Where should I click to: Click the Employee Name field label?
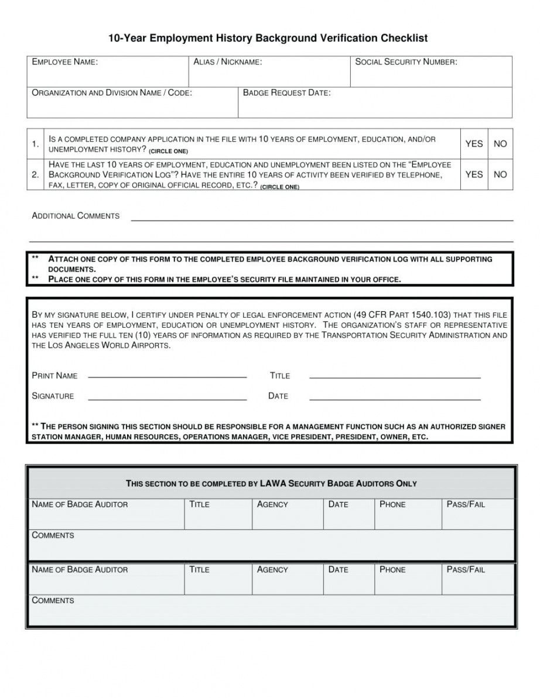(x=64, y=62)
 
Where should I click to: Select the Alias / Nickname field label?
(x=228, y=62)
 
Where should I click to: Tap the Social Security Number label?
(x=406, y=62)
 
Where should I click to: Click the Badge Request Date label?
(x=286, y=93)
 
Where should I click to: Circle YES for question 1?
(x=474, y=144)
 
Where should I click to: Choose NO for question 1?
(x=500, y=144)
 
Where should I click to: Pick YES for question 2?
(x=474, y=174)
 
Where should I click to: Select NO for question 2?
(x=500, y=174)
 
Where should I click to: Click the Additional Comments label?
(x=76, y=216)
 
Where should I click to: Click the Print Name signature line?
(x=167, y=377)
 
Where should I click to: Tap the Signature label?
(x=53, y=396)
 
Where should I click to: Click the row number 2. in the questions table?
(x=36, y=174)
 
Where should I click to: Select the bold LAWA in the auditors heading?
(x=274, y=483)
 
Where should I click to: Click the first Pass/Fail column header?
(x=466, y=504)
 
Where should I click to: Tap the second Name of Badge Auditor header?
(x=80, y=569)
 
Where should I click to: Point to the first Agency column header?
(x=272, y=504)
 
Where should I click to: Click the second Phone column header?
(x=392, y=569)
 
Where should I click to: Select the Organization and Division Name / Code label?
(x=111, y=93)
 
